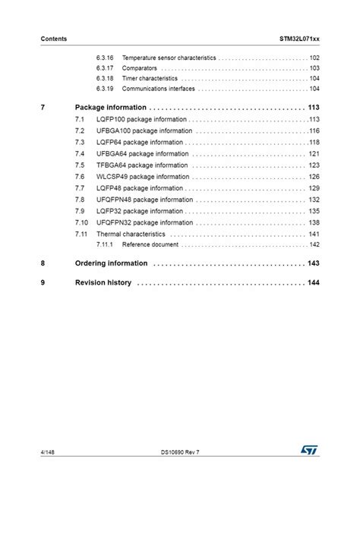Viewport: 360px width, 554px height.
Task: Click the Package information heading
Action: click(111, 108)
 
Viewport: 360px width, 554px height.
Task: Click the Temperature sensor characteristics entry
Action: click(169, 58)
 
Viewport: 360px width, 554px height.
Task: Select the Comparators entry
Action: click(140, 68)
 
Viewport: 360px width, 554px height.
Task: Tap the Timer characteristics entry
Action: click(150, 78)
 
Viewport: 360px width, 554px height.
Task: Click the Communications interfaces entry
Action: click(159, 89)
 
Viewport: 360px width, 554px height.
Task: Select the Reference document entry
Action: click(150, 245)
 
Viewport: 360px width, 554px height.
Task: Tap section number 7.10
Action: click(82, 223)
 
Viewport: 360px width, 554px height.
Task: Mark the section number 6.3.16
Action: click(105, 58)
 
